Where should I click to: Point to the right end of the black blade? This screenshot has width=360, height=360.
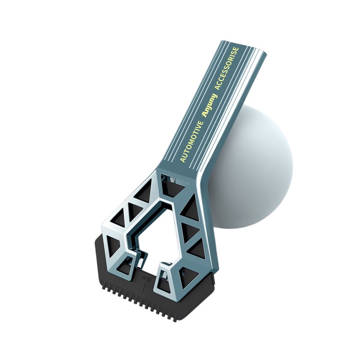211,288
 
